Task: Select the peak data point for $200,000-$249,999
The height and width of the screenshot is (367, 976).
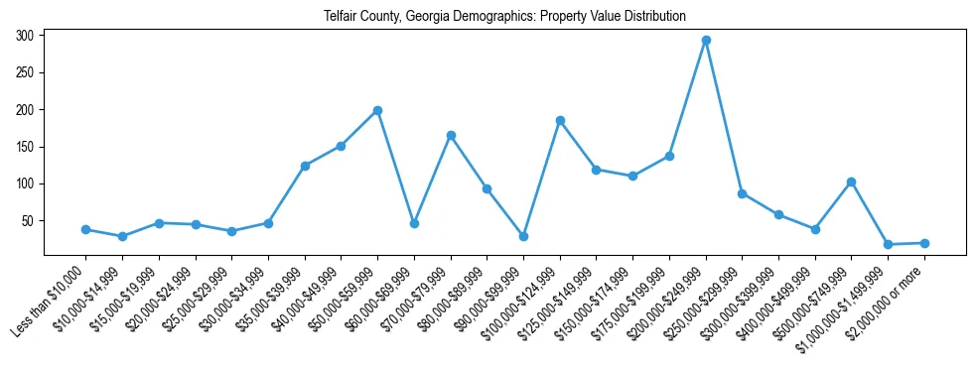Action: pos(706,41)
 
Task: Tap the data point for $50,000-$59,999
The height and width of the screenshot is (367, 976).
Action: pos(377,110)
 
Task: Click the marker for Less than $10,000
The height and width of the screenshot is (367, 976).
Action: pos(85,229)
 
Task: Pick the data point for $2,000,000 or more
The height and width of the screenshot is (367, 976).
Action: pos(924,243)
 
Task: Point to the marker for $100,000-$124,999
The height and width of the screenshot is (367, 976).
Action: pos(560,120)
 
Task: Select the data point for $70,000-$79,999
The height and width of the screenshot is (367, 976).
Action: pos(451,135)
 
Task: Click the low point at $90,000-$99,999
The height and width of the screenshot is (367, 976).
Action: pos(523,236)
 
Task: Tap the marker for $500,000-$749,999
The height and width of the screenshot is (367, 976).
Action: pos(851,182)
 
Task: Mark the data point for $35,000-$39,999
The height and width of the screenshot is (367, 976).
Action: pos(305,166)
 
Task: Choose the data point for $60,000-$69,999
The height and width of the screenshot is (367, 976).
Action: pos(414,223)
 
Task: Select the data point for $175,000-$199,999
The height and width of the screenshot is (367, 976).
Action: pos(669,156)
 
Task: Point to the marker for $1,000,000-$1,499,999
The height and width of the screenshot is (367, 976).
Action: pos(888,244)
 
